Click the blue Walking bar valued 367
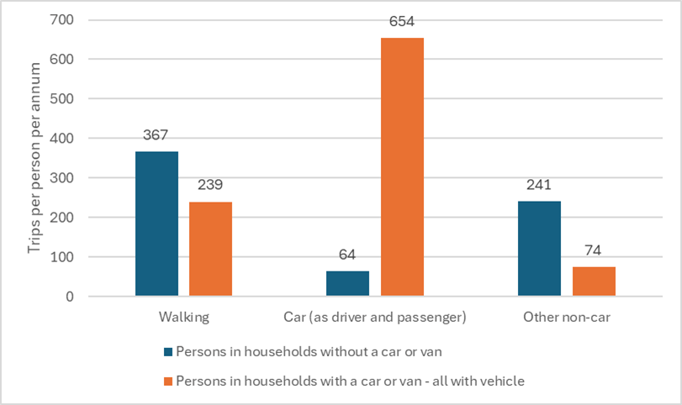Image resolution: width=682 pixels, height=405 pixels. pyautogui.click(x=156, y=224)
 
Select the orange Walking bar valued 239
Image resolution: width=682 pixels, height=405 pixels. pyautogui.click(x=210, y=249)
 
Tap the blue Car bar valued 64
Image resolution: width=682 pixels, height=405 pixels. pyautogui.click(x=347, y=283)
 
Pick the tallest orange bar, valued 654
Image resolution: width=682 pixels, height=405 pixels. pyautogui.click(x=402, y=167)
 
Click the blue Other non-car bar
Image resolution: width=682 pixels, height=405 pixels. pyautogui.click(x=539, y=249)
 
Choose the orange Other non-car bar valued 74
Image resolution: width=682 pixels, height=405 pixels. pyautogui.click(x=594, y=281)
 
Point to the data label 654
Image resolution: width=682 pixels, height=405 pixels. pyautogui.click(x=402, y=22)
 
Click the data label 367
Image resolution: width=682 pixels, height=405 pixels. pyautogui.click(x=156, y=135)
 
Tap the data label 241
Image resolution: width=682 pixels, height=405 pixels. pyautogui.click(x=539, y=185)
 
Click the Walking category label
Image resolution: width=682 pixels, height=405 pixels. pyautogui.click(x=183, y=318)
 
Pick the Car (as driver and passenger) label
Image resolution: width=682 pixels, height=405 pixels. pyautogui.click(x=375, y=318)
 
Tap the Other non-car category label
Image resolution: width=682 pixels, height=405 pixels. pyautogui.click(x=566, y=318)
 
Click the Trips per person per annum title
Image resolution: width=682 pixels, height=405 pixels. pyautogui.click(x=29, y=158)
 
